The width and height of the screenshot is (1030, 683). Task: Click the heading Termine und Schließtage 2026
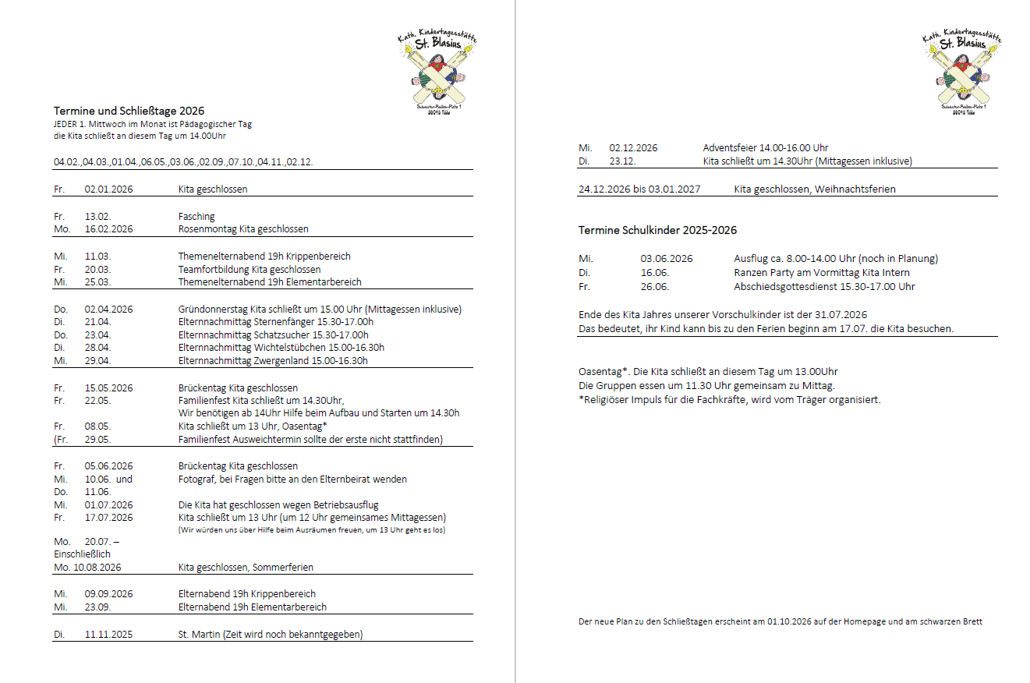tap(129, 111)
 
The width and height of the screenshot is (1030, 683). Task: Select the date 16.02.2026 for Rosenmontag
tap(108, 229)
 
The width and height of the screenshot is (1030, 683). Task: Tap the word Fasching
tap(196, 216)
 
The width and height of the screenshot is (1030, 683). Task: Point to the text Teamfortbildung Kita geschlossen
tap(250, 269)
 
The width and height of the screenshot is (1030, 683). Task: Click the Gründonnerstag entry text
tap(320, 309)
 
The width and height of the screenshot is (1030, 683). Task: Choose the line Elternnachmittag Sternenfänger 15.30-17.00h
tap(276, 322)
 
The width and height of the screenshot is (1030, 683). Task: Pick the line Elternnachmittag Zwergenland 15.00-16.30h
tap(273, 361)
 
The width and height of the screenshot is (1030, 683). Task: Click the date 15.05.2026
tap(108, 388)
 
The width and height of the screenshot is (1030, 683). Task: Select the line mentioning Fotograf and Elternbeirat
tap(292, 479)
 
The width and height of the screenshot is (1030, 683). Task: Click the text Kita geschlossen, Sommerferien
tap(246, 567)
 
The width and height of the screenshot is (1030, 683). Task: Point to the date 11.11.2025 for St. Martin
tap(108, 635)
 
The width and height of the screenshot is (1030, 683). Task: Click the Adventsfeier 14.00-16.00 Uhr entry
tap(765, 147)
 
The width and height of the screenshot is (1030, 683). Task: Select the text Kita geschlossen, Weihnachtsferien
tap(814, 189)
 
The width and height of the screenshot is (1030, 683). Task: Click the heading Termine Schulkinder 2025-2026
tap(657, 230)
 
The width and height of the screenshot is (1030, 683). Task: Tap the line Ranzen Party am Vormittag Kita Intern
tap(821, 272)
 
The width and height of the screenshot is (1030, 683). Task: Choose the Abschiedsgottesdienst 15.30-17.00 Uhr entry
tap(824, 286)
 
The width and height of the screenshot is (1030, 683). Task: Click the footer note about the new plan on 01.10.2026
tap(780, 621)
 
